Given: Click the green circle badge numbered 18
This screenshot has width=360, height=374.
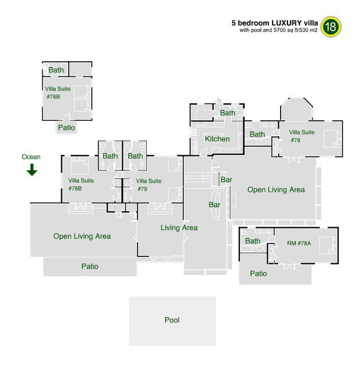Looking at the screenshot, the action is click(x=331, y=27).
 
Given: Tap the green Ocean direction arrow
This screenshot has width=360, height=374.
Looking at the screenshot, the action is click(x=32, y=170).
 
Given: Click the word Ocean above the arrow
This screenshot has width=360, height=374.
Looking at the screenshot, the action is click(x=31, y=157).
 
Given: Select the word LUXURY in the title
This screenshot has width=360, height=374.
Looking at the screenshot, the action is click(x=286, y=23).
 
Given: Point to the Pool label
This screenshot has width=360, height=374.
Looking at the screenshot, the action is click(x=172, y=320).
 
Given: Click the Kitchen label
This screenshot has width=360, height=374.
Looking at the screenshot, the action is click(x=217, y=139).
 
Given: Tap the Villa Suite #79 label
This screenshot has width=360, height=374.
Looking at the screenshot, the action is click(x=149, y=185).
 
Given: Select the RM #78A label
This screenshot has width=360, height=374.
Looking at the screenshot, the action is click(x=299, y=243).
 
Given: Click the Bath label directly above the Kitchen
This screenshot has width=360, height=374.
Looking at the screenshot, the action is click(x=227, y=113).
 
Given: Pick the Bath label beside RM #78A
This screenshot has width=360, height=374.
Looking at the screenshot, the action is click(x=253, y=241).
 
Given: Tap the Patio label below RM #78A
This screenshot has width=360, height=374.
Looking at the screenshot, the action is click(x=258, y=273).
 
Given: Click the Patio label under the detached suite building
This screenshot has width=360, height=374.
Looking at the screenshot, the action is click(x=66, y=128).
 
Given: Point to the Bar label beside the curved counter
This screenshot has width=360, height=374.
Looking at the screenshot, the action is click(x=214, y=205).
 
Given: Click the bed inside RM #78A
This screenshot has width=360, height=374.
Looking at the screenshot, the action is click(x=328, y=245).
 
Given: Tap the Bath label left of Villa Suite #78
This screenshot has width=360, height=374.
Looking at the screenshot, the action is click(x=257, y=134).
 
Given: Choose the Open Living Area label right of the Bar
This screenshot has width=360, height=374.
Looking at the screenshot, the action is click(x=276, y=189).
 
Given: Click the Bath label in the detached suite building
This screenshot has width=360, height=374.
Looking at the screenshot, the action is click(x=56, y=70).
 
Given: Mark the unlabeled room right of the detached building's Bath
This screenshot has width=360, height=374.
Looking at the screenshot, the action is click(x=80, y=69).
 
